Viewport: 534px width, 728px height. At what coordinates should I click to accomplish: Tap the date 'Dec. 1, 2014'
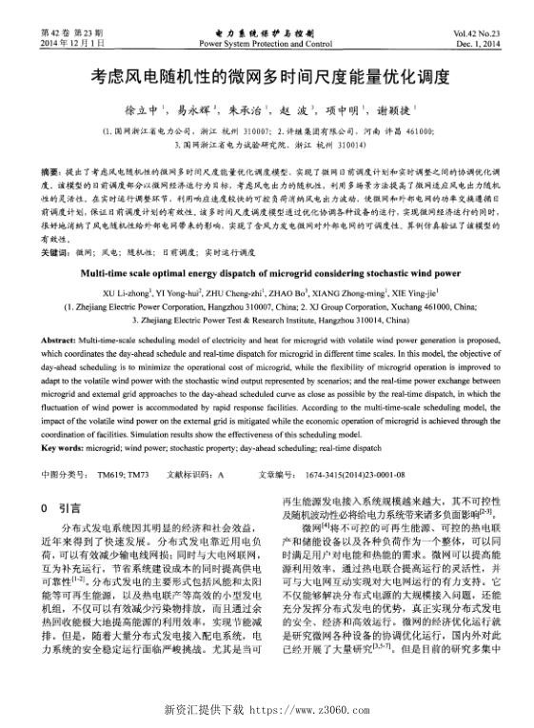(x=475, y=44)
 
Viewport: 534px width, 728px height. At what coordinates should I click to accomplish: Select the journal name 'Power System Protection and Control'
(x=267, y=44)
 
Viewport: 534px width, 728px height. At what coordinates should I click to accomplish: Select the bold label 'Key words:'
(x=67, y=446)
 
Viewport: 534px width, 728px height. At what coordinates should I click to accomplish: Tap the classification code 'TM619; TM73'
(x=123, y=473)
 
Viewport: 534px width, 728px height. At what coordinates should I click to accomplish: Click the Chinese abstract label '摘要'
(x=52, y=167)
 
